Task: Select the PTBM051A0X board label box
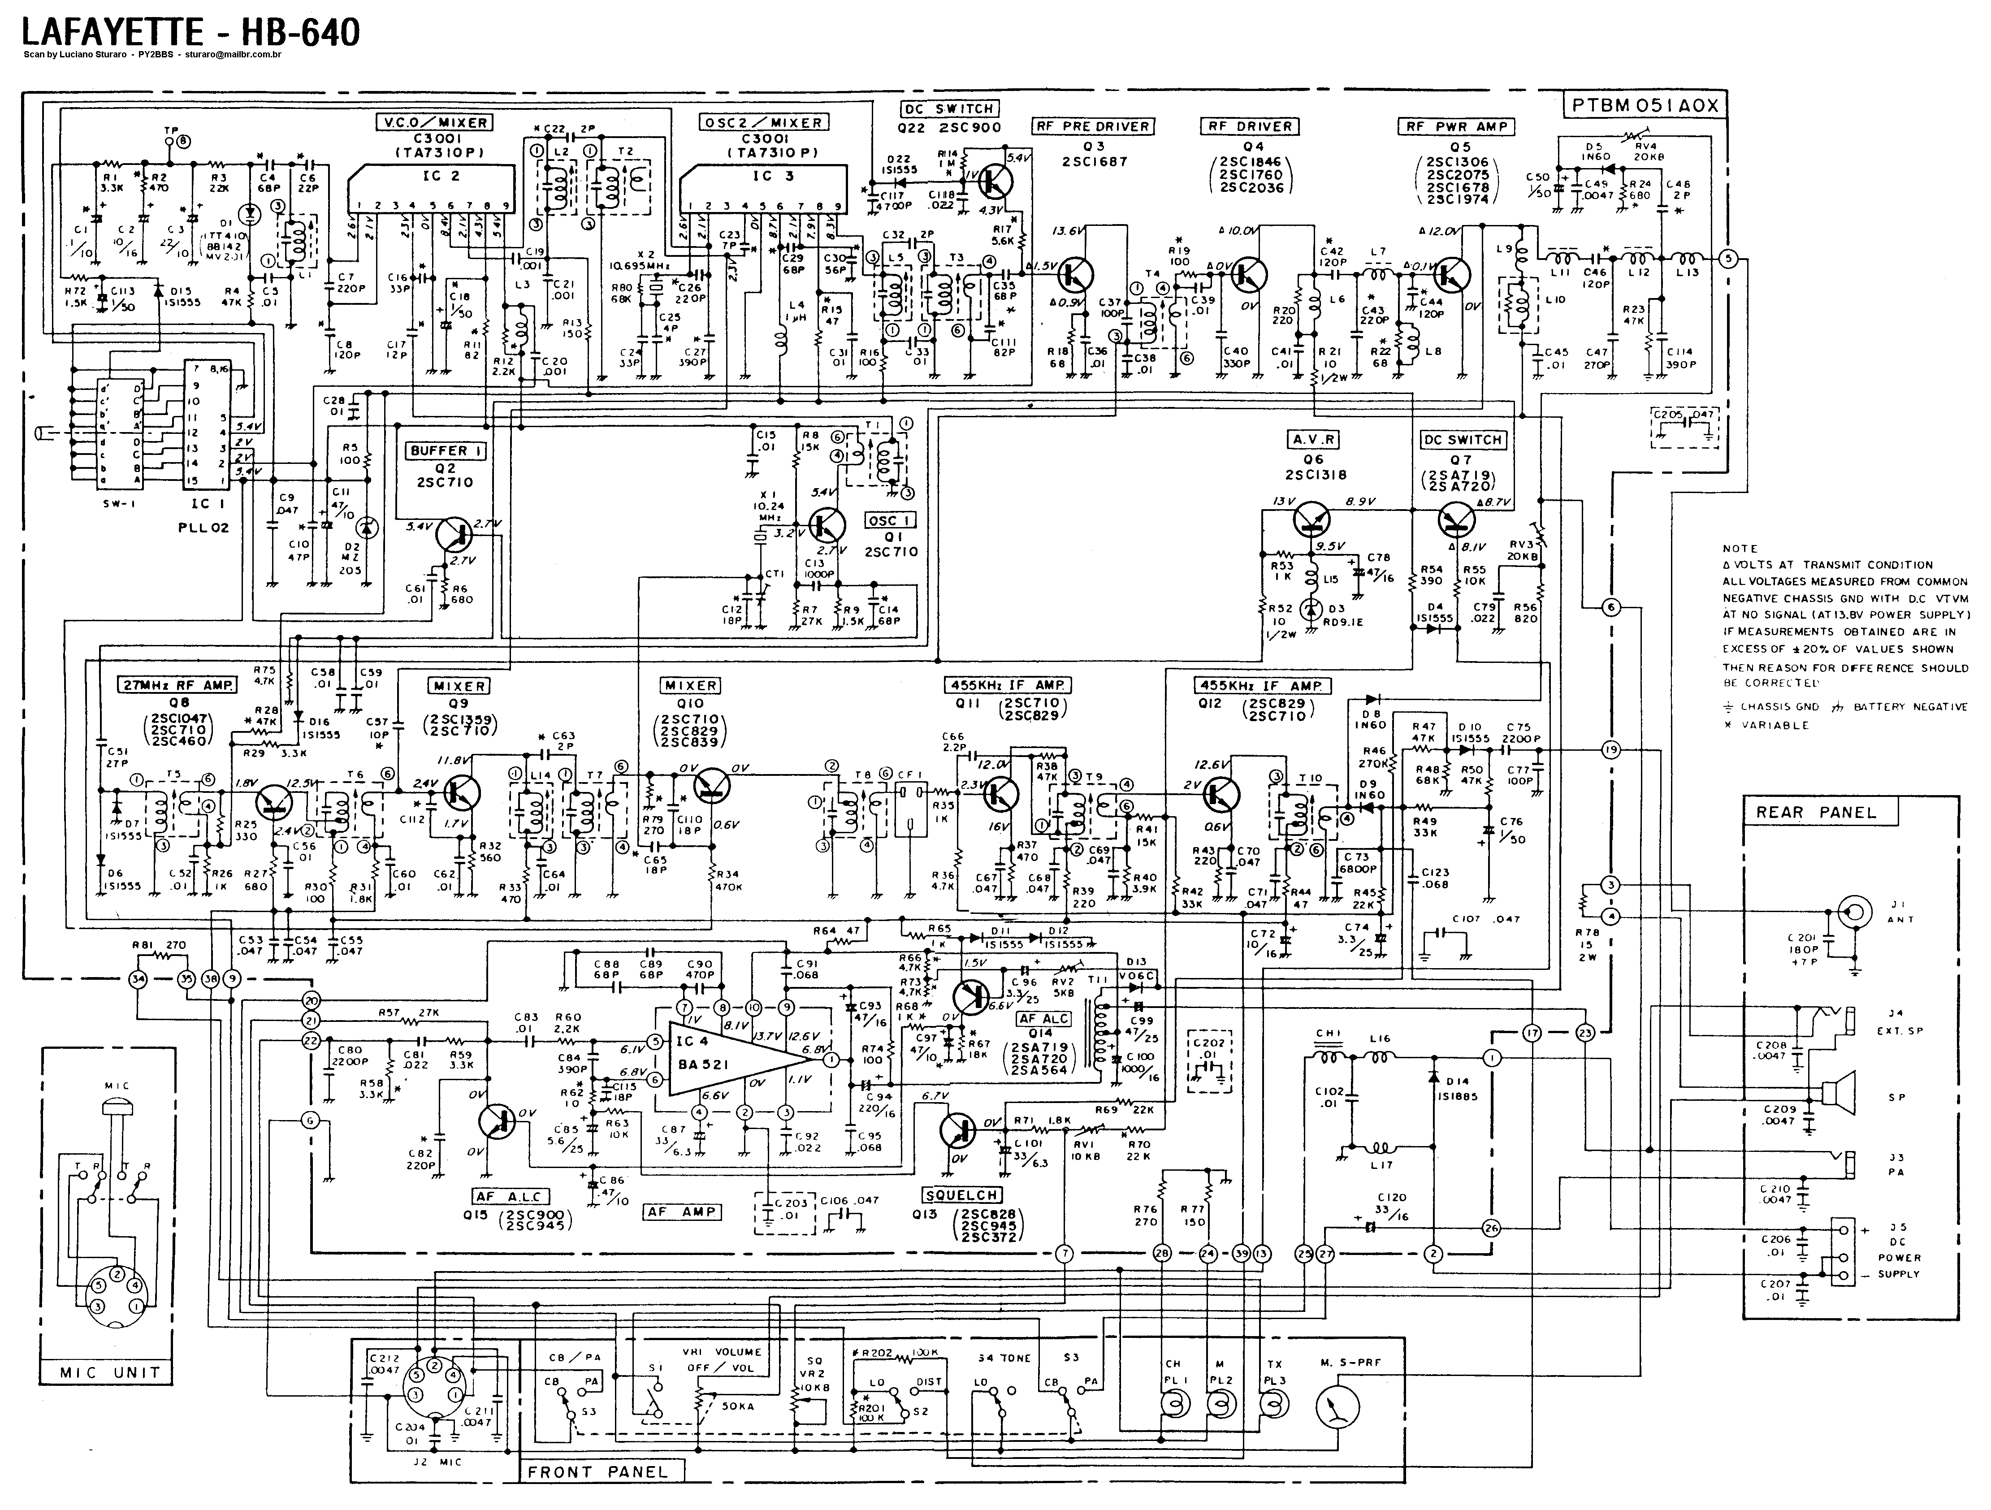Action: click(x=1645, y=105)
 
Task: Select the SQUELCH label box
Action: click(x=961, y=1195)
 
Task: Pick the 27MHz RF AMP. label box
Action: click(x=177, y=685)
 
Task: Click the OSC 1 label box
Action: click(x=891, y=520)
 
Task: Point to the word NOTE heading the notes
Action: click(x=1739, y=548)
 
